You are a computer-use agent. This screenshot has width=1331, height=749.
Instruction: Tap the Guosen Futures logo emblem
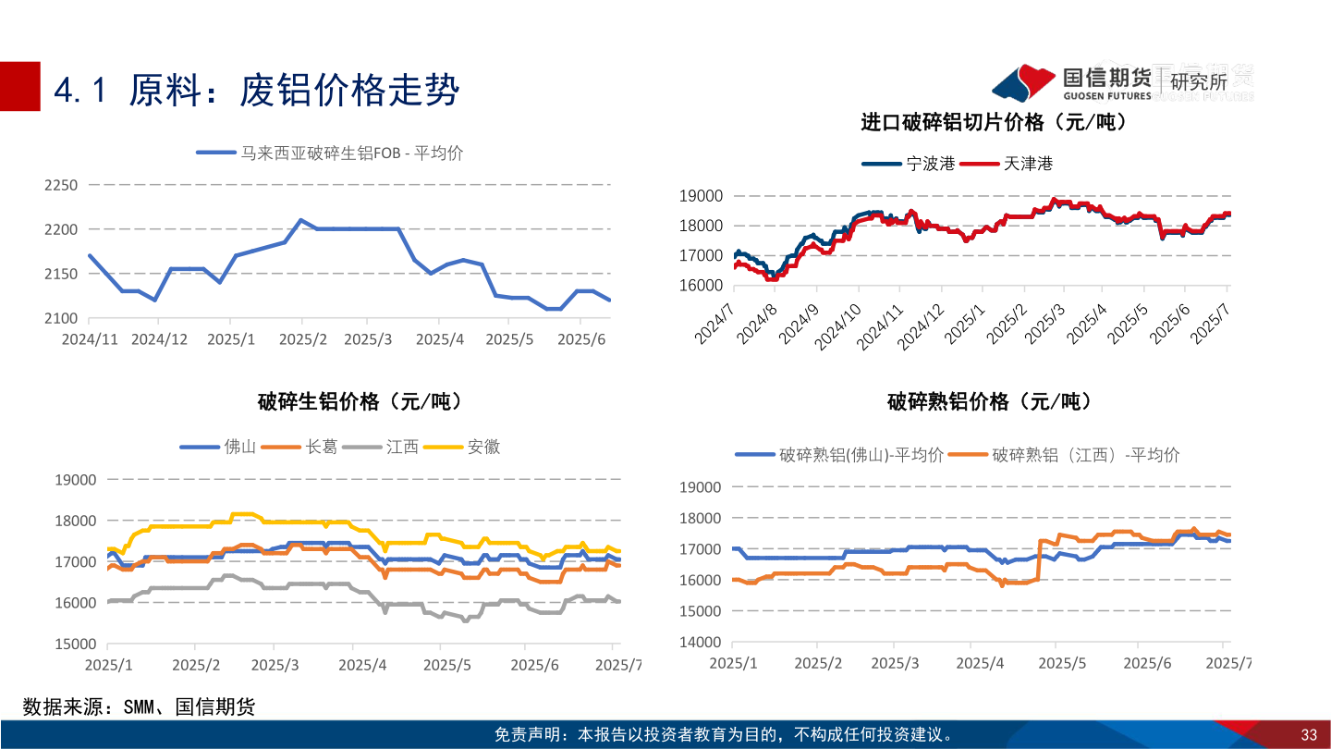(1023, 82)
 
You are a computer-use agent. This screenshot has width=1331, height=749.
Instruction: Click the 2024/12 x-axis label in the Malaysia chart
(159, 339)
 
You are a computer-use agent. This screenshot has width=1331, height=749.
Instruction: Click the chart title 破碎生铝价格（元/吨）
(360, 401)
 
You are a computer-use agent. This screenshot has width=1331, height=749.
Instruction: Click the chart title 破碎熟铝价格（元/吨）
(989, 401)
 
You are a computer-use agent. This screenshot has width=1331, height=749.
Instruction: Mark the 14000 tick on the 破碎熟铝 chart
(701, 642)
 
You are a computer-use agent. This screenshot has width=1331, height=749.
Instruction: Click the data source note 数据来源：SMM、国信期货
(139, 707)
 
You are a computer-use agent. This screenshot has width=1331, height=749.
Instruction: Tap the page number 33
(1308, 735)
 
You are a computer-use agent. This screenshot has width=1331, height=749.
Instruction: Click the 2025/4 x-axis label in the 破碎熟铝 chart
(980, 663)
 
